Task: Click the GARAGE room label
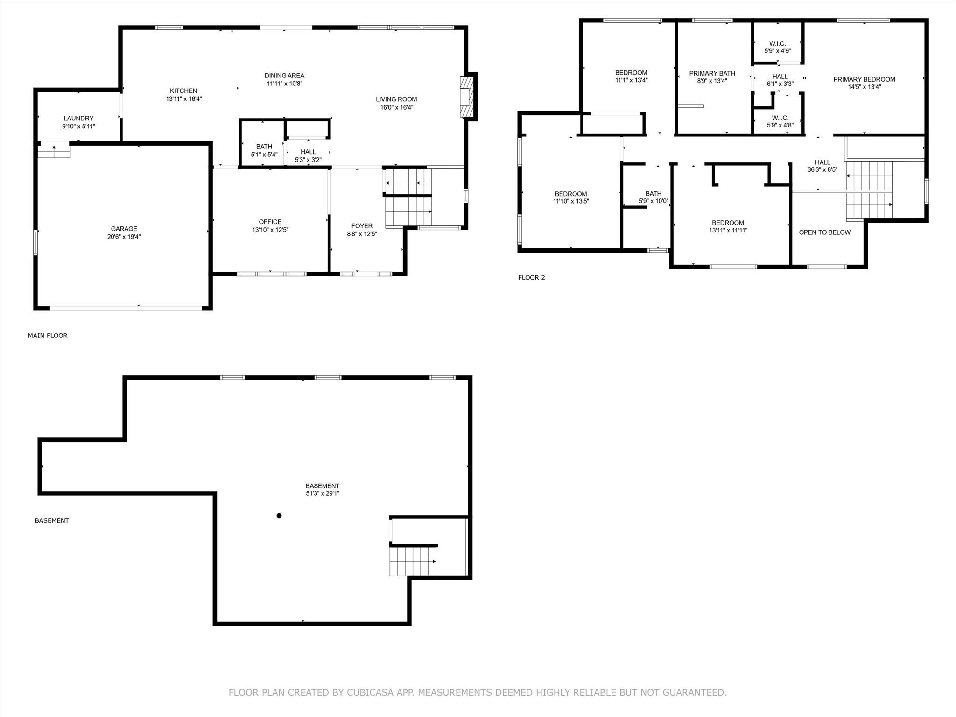[x=124, y=229]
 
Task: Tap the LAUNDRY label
[x=79, y=119]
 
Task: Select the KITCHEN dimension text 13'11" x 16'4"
[x=184, y=99]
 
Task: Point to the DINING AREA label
[x=284, y=76]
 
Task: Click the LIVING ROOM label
[x=396, y=99]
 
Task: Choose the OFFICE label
[x=270, y=222]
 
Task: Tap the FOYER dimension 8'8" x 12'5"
[x=362, y=234]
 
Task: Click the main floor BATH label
[x=264, y=147]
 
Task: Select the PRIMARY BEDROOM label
[x=865, y=79]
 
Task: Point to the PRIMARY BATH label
[x=712, y=73]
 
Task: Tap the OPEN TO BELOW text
[x=825, y=232]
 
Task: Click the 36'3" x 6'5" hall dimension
[x=822, y=170]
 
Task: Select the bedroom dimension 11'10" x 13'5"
[x=571, y=202]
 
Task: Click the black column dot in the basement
[x=279, y=516]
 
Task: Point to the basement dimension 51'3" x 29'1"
[x=323, y=493]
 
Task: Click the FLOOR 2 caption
[x=532, y=278]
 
